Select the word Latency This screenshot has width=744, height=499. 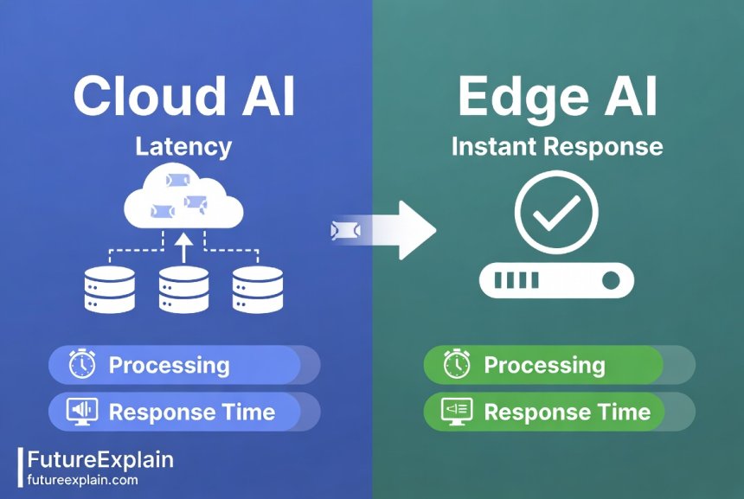(183, 145)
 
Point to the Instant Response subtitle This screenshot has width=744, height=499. (557, 145)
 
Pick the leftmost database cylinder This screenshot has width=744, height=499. (109, 289)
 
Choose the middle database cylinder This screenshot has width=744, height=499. (183, 289)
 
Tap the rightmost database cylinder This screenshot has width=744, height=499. (258, 289)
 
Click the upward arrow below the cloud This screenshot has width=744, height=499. (183, 249)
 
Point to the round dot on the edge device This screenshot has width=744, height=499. (611, 280)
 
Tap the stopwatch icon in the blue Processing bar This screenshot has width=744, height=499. (82, 365)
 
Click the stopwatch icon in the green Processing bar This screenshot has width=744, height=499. (456, 365)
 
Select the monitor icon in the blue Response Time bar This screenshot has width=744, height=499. (82, 411)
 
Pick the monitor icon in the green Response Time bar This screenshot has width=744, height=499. (456, 411)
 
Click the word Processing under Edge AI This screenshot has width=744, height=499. (544, 365)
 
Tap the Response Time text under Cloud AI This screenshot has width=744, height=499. (191, 412)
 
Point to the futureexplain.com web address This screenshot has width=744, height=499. (82, 479)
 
